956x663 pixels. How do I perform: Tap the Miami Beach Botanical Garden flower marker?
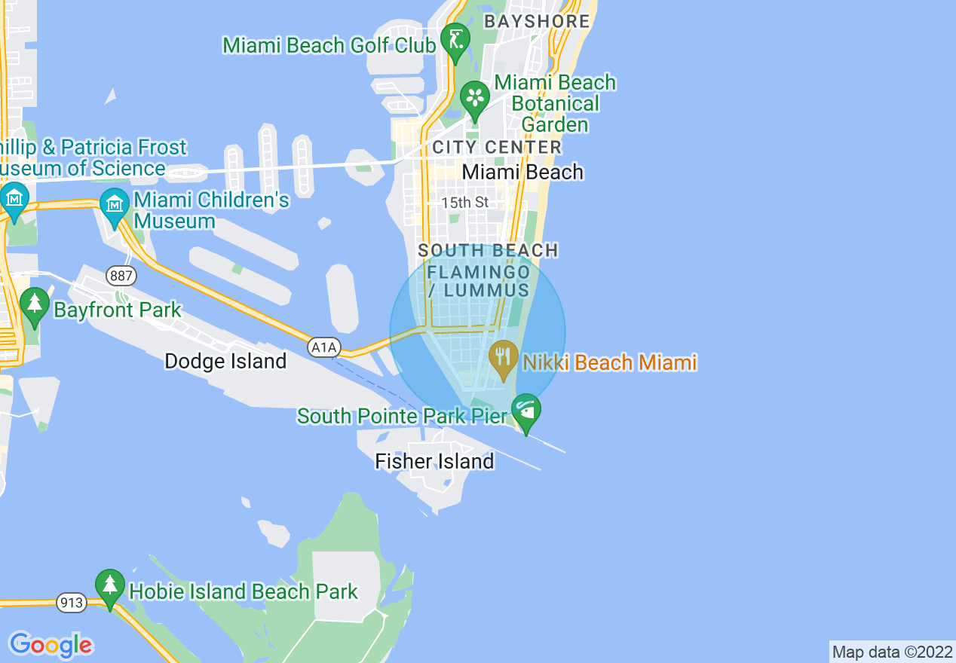click(x=475, y=96)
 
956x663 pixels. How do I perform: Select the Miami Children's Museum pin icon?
click(x=115, y=204)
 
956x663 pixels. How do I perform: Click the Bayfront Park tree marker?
click(x=34, y=304)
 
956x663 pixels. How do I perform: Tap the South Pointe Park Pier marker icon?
click(x=525, y=410)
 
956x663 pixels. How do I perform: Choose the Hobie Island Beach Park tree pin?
click(x=110, y=585)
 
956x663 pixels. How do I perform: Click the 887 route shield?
click(x=121, y=276)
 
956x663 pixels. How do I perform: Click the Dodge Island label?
click(x=225, y=362)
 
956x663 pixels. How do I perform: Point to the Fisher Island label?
click(x=434, y=461)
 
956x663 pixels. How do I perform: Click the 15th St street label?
click(x=465, y=203)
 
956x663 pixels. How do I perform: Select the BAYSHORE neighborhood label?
click(x=537, y=21)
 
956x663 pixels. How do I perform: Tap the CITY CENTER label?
click(x=497, y=147)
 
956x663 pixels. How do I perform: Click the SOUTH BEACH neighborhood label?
click(x=488, y=250)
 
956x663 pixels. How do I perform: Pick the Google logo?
click(x=51, y=645)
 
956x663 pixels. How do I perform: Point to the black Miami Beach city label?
click(x=522, y=172)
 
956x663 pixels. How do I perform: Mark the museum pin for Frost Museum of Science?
click(x=14, y=198)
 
